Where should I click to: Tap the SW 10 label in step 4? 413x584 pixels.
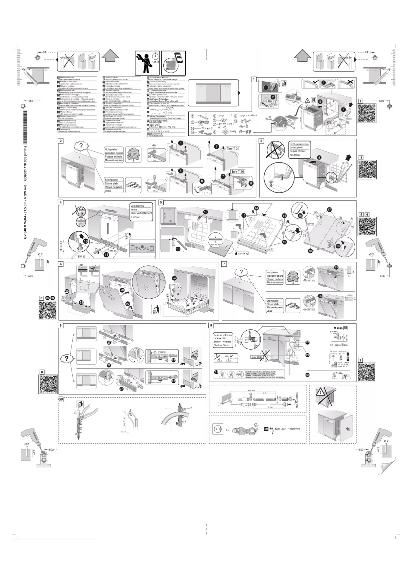(112, 251)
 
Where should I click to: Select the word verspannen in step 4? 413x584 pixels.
(137, 206)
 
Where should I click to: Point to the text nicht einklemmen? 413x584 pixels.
(299, 144)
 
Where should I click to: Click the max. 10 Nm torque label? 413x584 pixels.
(257, 357)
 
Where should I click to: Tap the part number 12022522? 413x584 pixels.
(294, 429)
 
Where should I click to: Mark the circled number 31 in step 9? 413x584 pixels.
(216, 373)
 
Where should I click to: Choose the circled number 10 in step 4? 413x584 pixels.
(85, 241)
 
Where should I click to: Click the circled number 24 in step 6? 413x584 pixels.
(174, 278)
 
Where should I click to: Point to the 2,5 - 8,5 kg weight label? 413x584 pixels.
(243, 254)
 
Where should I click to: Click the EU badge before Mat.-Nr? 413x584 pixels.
(266, 429)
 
